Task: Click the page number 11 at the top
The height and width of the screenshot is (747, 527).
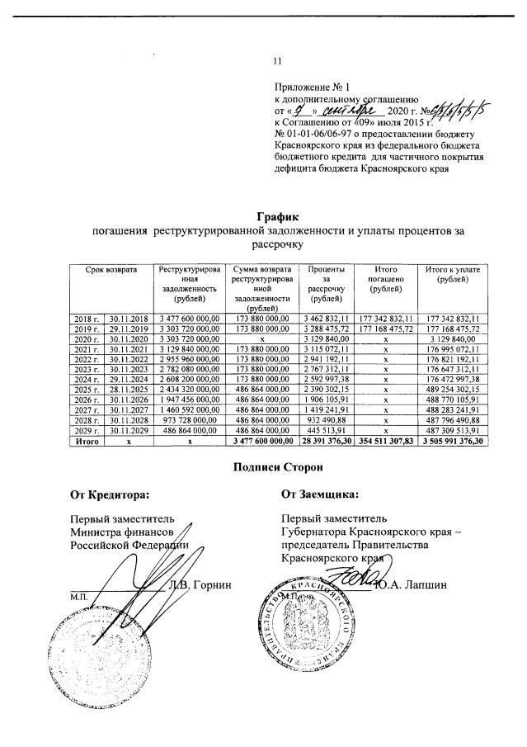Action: coord(278,60)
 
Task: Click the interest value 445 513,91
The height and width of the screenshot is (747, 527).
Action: coord(327,432)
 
